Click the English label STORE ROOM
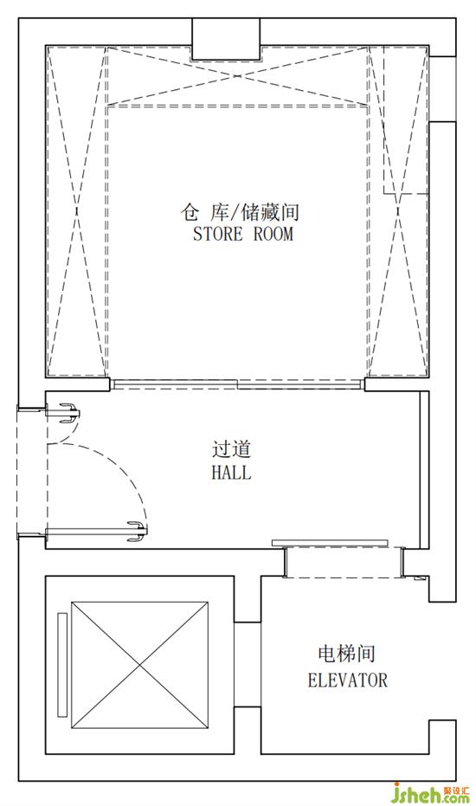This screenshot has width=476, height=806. click(242, 234)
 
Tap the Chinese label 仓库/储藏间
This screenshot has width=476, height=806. click(240, 212)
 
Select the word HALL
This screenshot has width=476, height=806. click(231, 472)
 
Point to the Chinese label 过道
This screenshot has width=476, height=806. click(231, 448)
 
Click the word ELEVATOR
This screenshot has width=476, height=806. click(348, 680)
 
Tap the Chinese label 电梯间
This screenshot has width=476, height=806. click(347, 654)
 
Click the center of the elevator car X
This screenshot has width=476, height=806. click(140, 666)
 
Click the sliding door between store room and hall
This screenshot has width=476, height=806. click(237, 384)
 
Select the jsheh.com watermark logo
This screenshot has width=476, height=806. click(431, 793)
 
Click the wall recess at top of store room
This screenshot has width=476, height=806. click(226, 39)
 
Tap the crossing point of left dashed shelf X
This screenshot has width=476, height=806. click(76, 210)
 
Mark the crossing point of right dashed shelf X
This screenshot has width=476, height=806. click(398, 210)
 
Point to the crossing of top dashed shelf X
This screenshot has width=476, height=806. click(237, 76)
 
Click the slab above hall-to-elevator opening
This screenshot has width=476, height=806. click(330, 543)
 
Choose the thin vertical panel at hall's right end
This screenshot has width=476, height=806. click(424, 470)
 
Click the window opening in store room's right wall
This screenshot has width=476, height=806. click(442, 89)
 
